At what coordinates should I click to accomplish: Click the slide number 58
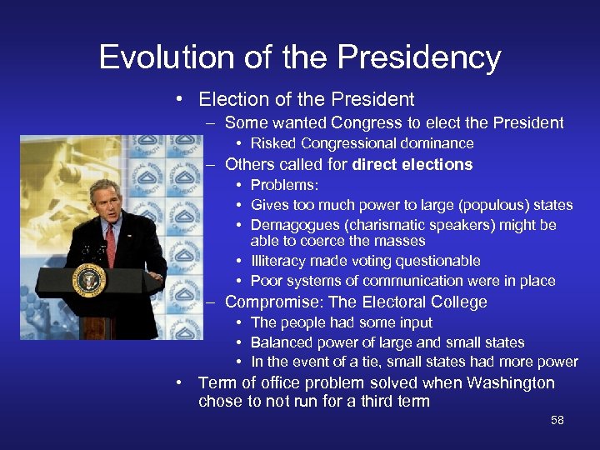point(557,420)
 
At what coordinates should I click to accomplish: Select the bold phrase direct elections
point(412,165)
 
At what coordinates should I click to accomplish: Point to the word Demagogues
point(292,225)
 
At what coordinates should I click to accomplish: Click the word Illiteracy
point(277,261)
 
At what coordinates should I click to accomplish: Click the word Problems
point(283,185)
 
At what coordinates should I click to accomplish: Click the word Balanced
point(283,342)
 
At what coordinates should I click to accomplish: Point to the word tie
point(362,362)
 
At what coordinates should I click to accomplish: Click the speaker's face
point(106,201)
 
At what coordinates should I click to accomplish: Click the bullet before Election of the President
point(180,100)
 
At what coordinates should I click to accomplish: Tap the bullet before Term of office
point(180,383)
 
